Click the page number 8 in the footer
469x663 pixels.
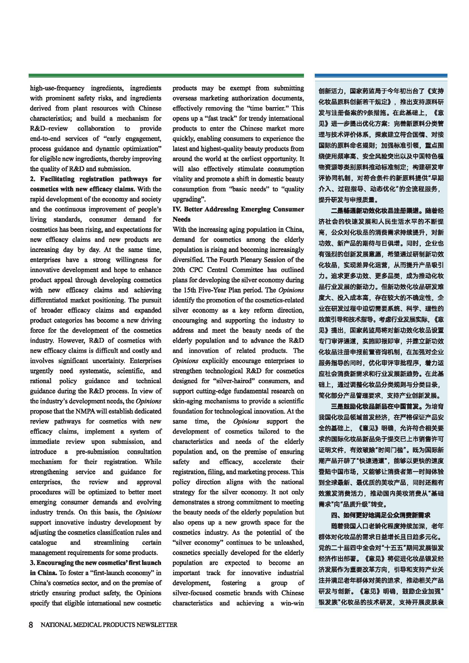[x=31, y=625]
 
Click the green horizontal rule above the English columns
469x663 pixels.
[x=166, y=76]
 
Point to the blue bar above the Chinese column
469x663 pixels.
[x=381, y=76]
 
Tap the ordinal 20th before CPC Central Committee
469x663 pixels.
[x=179, y=270]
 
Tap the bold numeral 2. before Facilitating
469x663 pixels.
[x=33, y=179]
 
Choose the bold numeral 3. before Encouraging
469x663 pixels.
[x=33, y=563]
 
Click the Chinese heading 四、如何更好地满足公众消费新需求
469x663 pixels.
[x=381, y=515]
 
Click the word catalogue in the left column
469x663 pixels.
[x=43, y=543]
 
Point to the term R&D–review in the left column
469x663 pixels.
[x=49, y=128]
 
